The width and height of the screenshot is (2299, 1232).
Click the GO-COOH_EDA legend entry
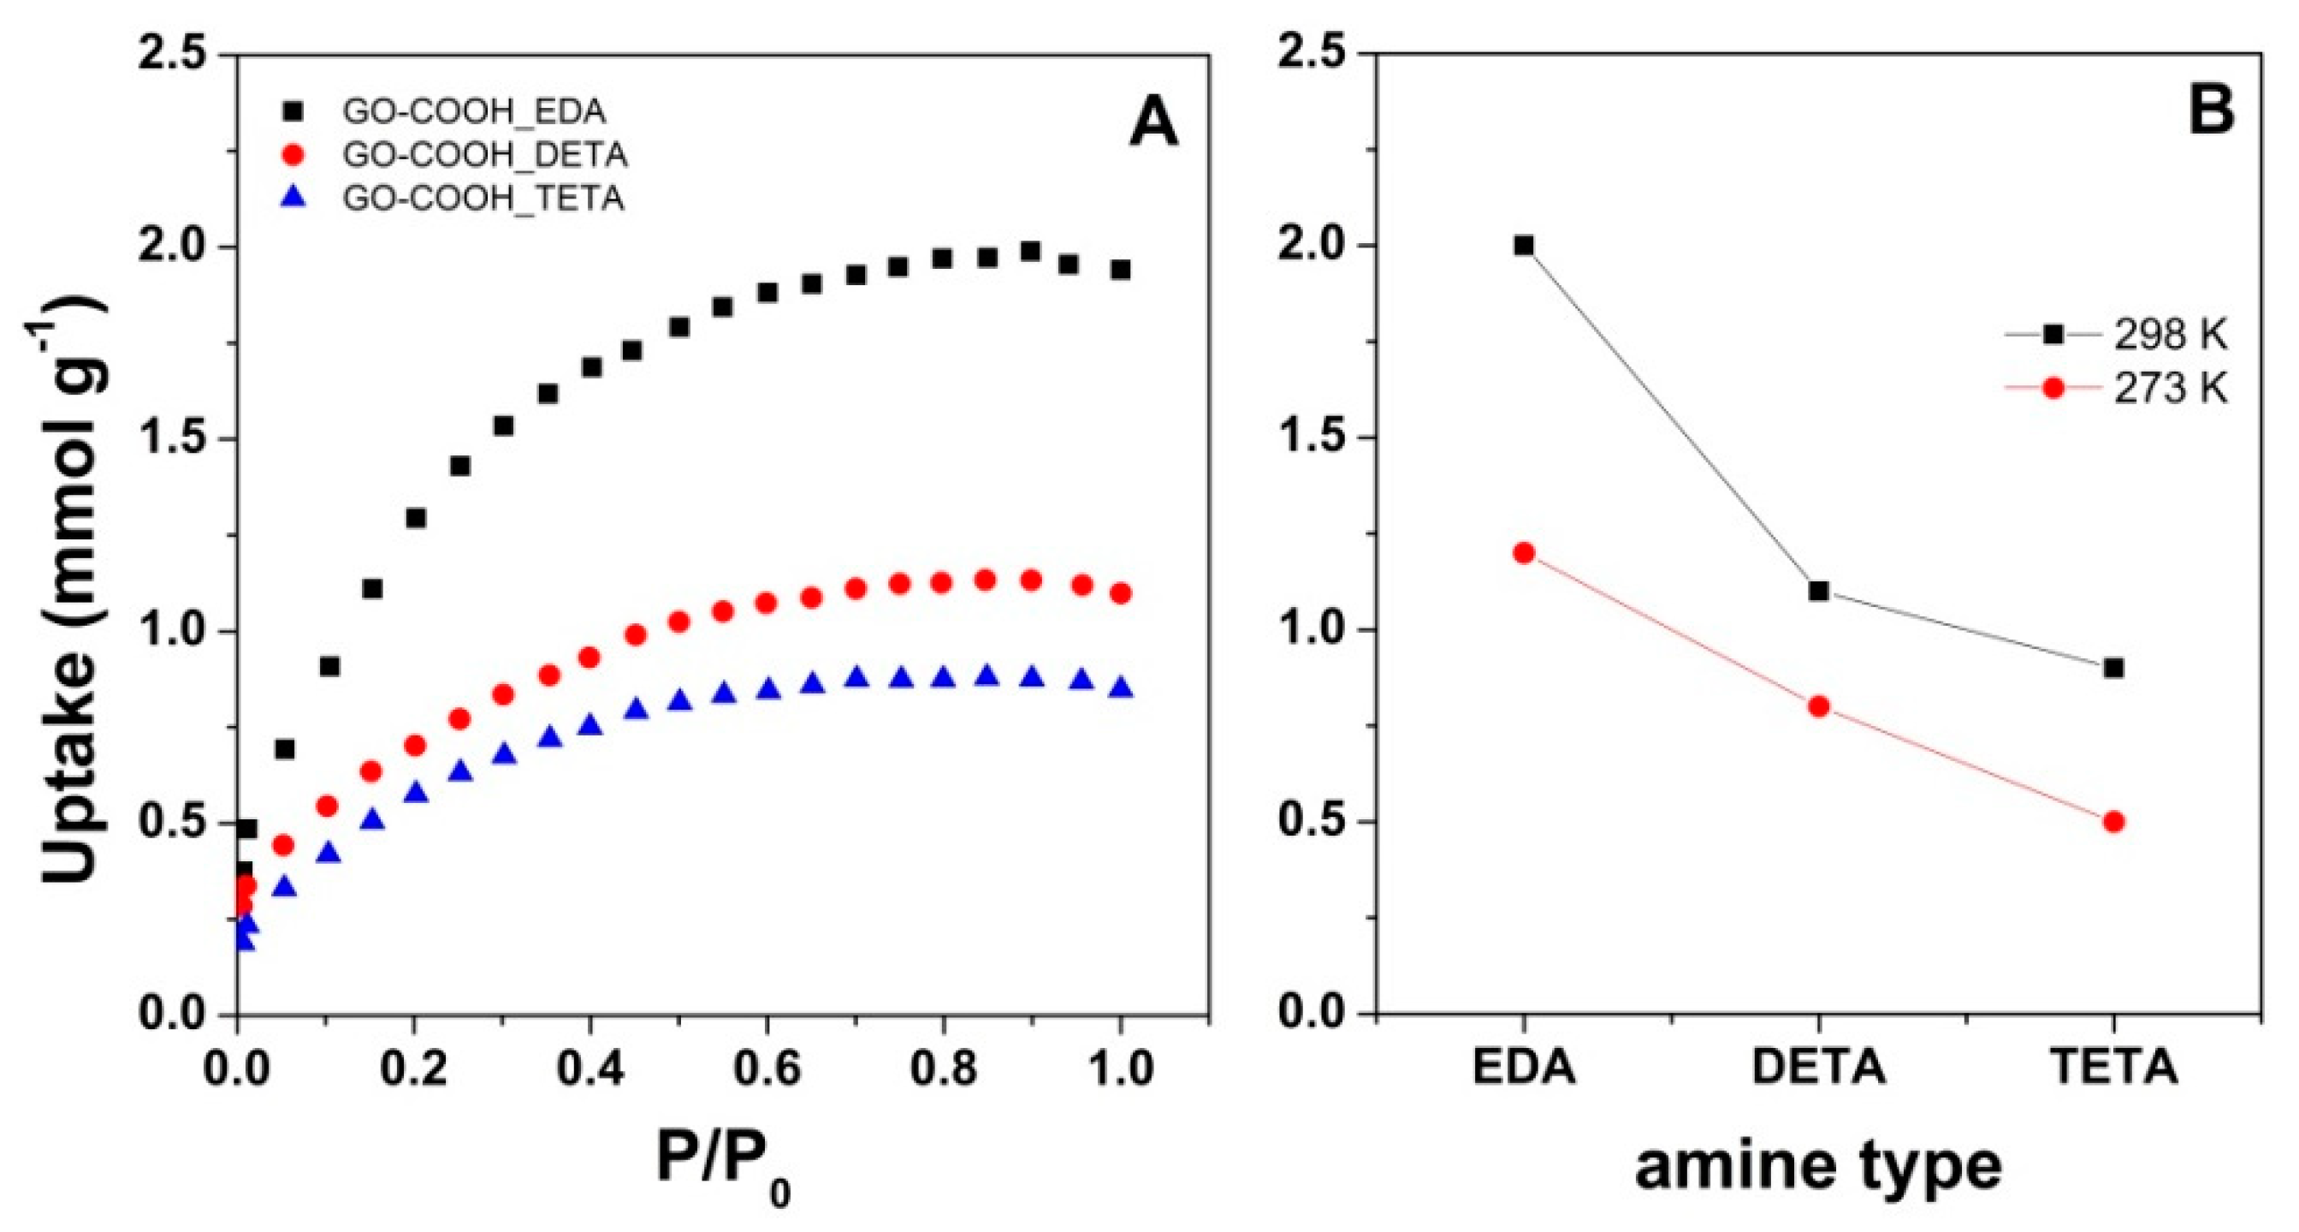473,111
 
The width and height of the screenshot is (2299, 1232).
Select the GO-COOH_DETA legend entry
484,155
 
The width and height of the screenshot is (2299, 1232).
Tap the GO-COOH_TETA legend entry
482,198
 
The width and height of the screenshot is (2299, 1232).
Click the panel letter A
1153,124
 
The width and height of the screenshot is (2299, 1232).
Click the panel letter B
2209,112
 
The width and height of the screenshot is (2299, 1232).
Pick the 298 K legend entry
2169,335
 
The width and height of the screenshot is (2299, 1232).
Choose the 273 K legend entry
2169,390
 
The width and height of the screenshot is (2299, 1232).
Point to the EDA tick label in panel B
1525,1068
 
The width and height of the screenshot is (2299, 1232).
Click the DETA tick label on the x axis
1819,1068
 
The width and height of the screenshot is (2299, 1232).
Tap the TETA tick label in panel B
2113,1068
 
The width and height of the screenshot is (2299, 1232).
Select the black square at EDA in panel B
1525,246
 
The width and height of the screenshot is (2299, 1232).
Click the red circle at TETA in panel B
2113,822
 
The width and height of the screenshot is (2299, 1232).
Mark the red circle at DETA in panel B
1819,706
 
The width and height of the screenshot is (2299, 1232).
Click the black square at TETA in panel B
2113,668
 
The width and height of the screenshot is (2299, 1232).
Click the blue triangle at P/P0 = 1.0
1121,687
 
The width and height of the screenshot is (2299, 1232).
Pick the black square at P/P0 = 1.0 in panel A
1121,270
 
